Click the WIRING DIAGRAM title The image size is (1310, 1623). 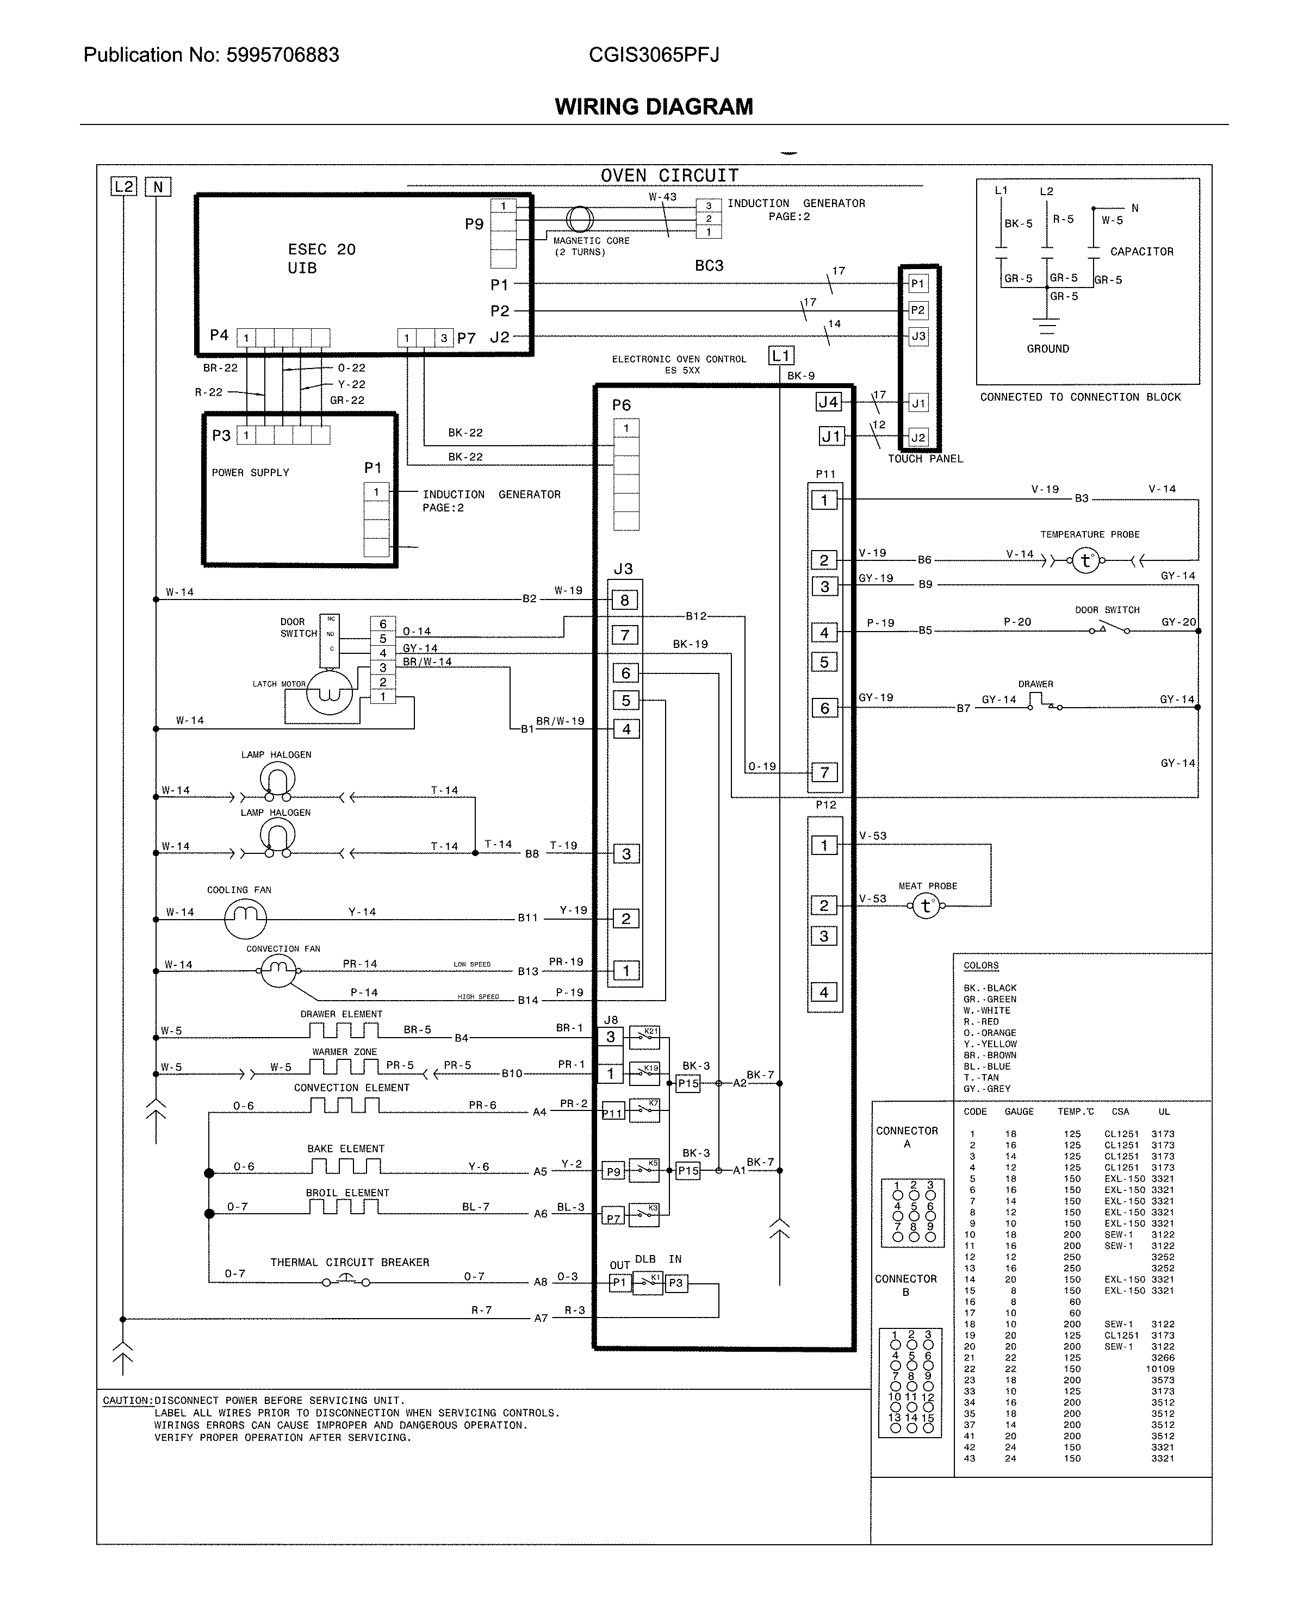(654, 107)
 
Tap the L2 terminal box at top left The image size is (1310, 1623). (124, 186)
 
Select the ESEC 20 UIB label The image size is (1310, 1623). (321, 259)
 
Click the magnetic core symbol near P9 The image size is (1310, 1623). (580, 220)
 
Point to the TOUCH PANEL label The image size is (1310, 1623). (925, 459)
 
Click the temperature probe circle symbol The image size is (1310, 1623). (1085, 560)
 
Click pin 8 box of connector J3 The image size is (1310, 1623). (625, 600)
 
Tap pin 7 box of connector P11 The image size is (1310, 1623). (824, 772)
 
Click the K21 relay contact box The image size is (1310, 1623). (644, 1037)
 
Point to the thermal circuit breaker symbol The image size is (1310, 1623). (346, 1281)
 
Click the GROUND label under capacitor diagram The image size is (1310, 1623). (1047, 348)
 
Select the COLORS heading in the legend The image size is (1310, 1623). (980, 965)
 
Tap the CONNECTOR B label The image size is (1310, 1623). (905, 1285)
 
